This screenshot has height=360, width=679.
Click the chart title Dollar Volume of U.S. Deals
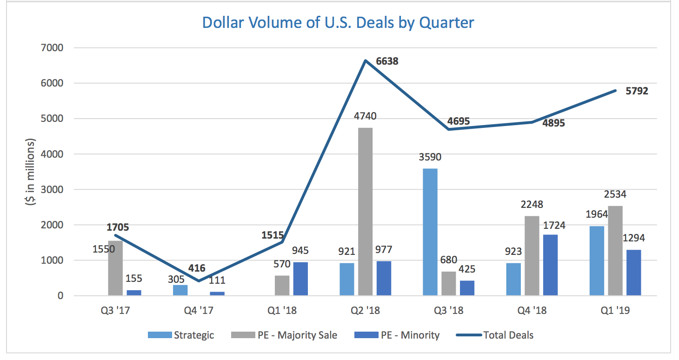(x=338, y=23)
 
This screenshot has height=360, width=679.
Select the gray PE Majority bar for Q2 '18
(x=366, y=212)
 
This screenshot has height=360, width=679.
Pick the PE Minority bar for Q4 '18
(x=550, y=265)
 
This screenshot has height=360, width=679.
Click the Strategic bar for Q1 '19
(x=597, y=260)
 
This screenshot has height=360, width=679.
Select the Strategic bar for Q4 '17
(x=180, y=290)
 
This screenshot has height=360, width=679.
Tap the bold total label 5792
(x=637, y=91)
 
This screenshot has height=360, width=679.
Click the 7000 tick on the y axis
(x=53, y=48)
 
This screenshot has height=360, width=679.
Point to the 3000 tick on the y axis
(x=53, y=189)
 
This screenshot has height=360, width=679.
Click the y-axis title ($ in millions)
(x=31, y=172)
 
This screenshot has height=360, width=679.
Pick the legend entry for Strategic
(x=181, y=335)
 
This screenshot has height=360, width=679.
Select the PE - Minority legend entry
(x=397, y=335)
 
